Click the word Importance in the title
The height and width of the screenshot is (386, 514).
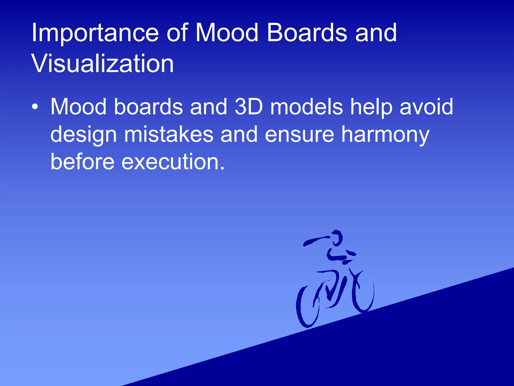95,33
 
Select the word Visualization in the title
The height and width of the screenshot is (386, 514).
102,64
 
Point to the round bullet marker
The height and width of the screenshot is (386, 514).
35,107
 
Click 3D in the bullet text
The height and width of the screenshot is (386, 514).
249,107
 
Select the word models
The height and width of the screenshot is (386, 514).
306,107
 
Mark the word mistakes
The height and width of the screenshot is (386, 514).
169,134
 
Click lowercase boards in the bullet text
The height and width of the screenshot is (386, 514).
148,107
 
